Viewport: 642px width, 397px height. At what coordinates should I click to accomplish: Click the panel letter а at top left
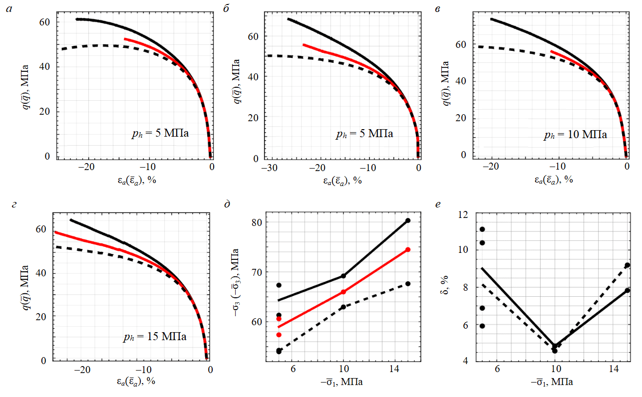click(8, 9)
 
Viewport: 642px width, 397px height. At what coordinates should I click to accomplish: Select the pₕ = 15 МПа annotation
click(155, 337)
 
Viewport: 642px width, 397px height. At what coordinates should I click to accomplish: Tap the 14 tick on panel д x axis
click(394, 369)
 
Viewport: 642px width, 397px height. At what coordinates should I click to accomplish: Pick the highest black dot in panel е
click(482, 229)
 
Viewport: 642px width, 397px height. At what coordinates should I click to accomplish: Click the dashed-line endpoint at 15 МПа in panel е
click(627, 265)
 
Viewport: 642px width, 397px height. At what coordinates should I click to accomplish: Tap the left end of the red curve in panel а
click(125, 38)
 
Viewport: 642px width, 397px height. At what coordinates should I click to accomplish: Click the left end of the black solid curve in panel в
click(491, 19)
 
